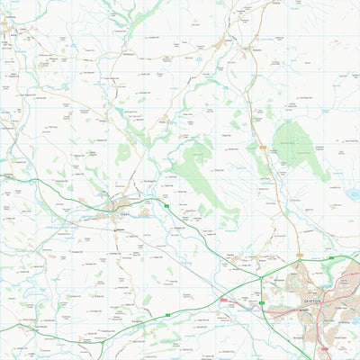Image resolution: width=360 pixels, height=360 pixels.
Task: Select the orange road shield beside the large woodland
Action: coord(264,147)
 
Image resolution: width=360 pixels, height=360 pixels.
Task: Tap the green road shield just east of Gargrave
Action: coord(167,207)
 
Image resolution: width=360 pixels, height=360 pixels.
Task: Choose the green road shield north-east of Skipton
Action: coord(331,259)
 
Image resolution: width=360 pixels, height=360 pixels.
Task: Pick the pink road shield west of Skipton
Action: coord(224,300)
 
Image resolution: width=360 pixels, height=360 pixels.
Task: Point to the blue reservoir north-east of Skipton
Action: coord(354,193)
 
